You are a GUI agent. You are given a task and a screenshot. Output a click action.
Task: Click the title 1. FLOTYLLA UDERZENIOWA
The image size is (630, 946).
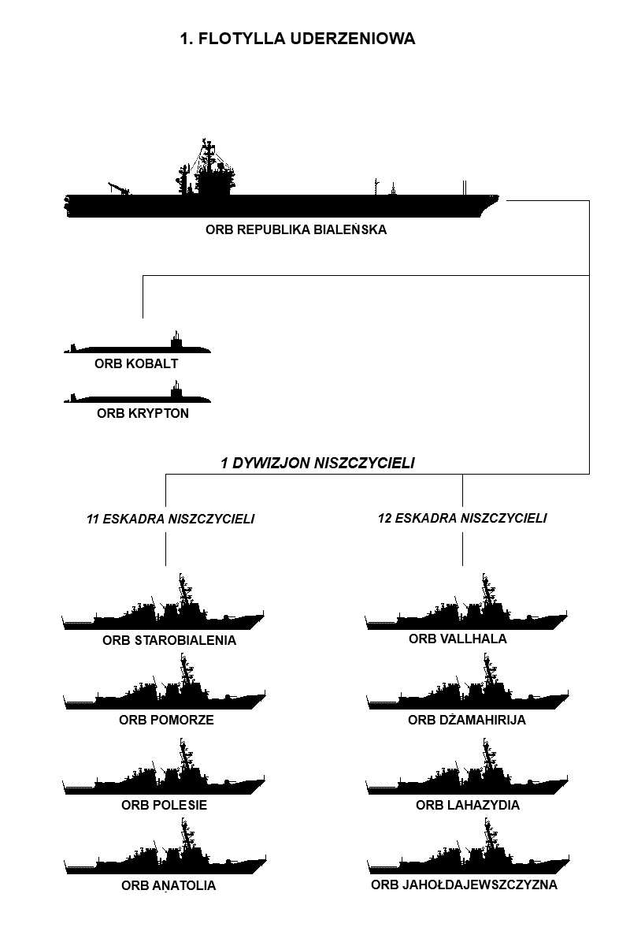298,39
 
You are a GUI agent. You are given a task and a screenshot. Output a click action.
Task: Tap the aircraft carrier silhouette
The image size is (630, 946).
281,206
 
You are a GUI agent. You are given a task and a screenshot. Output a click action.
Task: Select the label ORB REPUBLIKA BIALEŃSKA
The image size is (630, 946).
296,229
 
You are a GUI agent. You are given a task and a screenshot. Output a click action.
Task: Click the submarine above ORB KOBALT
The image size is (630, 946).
137,348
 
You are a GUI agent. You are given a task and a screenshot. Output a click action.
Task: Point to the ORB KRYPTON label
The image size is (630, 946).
143,413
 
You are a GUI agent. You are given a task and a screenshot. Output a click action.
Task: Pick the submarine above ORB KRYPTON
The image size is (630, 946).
137,398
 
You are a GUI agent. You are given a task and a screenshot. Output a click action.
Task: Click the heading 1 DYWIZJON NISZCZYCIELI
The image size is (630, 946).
317,464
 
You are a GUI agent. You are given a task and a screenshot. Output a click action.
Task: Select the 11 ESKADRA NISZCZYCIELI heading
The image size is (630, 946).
170,519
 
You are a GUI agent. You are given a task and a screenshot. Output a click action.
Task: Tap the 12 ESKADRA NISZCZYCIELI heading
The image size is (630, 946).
462,518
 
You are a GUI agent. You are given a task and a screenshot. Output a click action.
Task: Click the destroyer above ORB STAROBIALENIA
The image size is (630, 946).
163,620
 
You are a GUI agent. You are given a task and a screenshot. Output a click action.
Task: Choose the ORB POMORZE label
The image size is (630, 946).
166,720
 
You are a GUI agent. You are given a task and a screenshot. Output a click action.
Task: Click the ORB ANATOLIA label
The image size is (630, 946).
169,885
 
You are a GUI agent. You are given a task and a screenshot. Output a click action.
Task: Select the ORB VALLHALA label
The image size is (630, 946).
458,639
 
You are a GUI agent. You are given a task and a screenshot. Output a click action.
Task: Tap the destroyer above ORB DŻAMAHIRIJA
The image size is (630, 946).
468,700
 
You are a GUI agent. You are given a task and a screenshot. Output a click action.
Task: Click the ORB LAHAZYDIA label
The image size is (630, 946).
468,805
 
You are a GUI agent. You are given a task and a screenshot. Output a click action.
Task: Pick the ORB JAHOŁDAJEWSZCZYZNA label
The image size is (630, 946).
464,885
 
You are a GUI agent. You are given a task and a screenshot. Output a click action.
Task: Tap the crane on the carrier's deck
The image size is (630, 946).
119,188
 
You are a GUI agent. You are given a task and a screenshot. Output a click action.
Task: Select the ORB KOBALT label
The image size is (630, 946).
136,363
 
